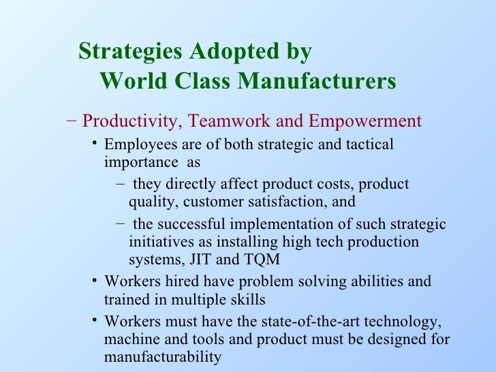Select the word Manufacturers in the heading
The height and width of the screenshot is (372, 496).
(319, 82)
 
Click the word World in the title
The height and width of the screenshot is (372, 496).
(132, 82)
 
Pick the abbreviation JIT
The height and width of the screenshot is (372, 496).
(194, 259)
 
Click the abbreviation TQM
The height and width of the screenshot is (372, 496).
(261, 259)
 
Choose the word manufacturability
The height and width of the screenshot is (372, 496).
(163, 357)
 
